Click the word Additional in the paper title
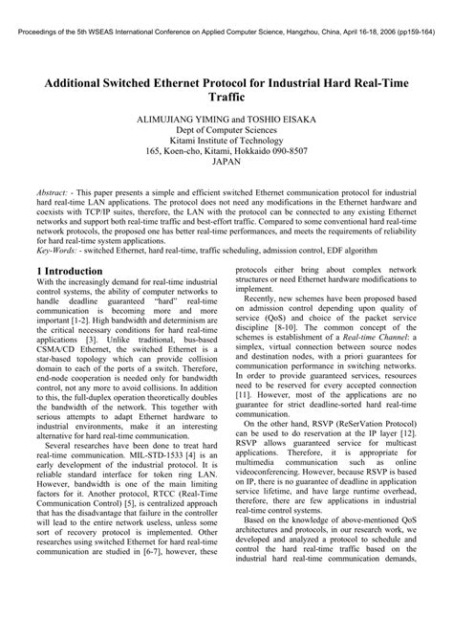pos(79,83)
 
